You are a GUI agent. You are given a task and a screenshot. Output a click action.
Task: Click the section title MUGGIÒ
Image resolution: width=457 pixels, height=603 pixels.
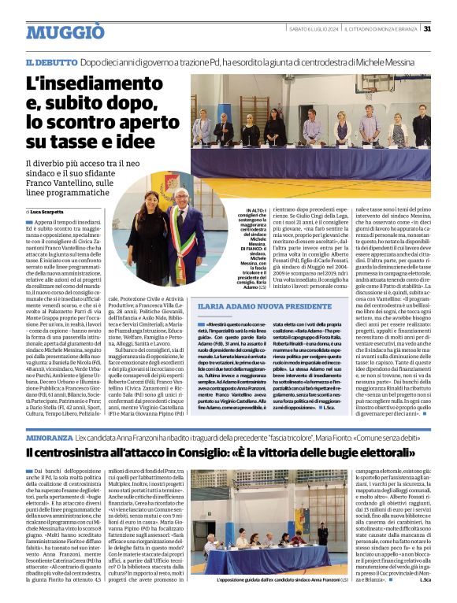[65, 31]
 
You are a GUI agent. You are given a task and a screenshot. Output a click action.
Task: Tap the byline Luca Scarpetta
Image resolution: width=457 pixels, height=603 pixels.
[49, 212]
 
